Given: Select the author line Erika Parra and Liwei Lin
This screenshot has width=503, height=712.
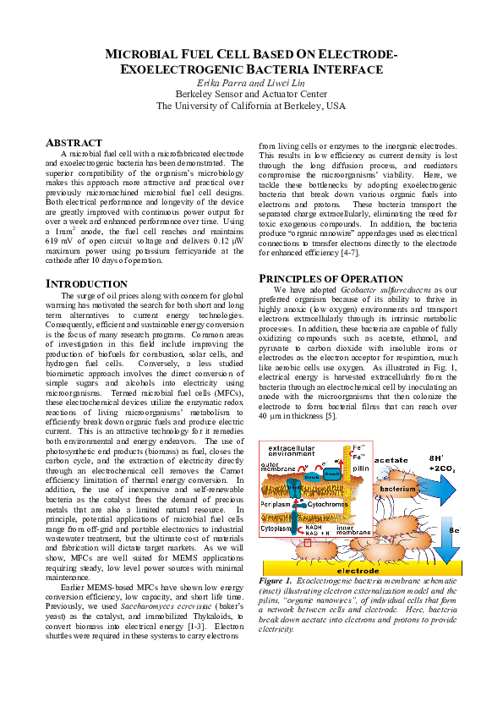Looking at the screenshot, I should pos(250,82).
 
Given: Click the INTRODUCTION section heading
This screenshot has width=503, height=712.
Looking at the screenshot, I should pos(86,284).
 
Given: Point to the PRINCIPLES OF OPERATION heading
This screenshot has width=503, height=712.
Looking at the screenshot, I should pos(331,278).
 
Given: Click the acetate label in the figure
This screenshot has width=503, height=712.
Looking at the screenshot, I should pos(391,459).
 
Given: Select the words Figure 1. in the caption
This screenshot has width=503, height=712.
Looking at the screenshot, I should pos(276,582).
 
